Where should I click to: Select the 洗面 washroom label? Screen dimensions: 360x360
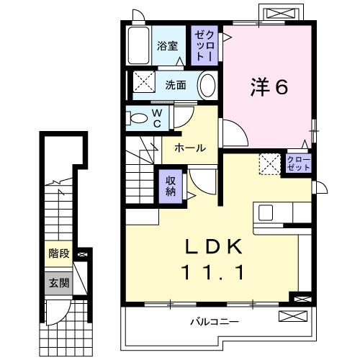pos(176,84)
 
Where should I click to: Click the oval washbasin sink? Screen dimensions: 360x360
pos(207,85)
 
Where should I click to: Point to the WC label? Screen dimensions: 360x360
pos(156,117)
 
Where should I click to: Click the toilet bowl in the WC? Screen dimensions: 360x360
pos(136,117)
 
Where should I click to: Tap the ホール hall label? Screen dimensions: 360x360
pos(189,148)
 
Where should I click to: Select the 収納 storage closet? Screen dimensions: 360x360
pos(171,186)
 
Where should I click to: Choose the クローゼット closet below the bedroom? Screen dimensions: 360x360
pos(299,163)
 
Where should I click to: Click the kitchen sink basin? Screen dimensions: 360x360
pos(265,213)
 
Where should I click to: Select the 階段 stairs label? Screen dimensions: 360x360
pos(58,253)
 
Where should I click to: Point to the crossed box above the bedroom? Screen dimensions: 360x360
pos(281,13)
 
